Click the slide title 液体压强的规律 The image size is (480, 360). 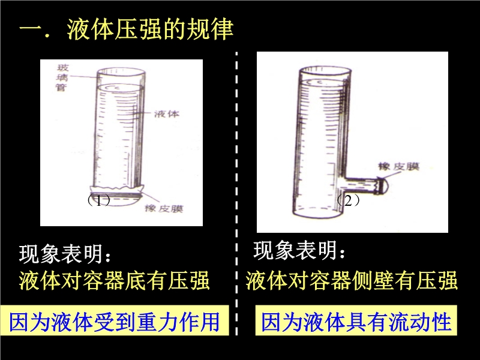tap(151, 29)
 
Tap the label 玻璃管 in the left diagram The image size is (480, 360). tap(62, 77)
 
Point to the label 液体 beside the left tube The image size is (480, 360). tap(167, 114)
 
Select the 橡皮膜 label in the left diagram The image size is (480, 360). tap(164, 208)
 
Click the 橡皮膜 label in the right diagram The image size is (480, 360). tap(399, 167)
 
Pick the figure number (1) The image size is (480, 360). tap(98, 200)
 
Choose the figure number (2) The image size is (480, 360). tap(349, 200)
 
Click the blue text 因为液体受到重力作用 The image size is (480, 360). tap(115, 321)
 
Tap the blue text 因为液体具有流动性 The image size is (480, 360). tap(356, 321)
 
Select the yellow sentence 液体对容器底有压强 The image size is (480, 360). tap(115, 280)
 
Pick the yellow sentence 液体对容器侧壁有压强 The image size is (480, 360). tap(352, 280)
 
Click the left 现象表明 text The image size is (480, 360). tap(65, 254)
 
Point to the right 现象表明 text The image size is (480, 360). tap(299, 250)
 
